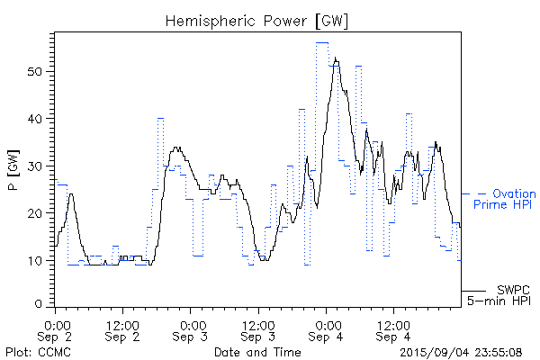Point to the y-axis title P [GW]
(x=13, y=169)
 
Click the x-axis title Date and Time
(x=257, y=352)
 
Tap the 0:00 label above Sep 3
(x=191, y=323)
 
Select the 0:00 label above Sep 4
(x=326, y=323)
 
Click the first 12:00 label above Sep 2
(x=122, y=323)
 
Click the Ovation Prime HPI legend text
(x=504, y=199)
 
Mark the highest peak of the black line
(x=335, y=58)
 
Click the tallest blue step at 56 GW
(x=321, y=42)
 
